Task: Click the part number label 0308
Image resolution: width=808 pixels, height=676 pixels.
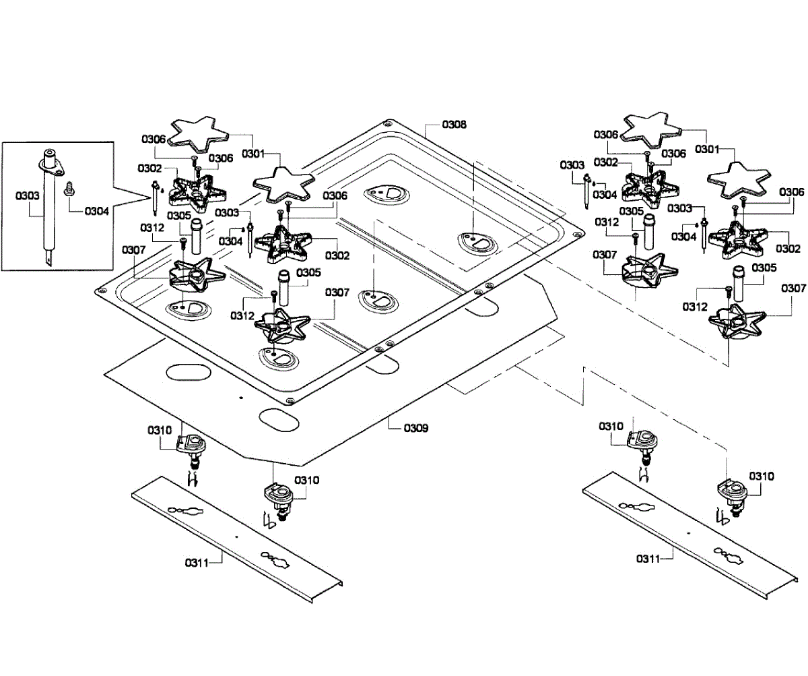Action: pos(454,125)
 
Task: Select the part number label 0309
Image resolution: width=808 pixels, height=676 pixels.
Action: pos(416,428)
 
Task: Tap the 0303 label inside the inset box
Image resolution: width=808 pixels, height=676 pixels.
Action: pos(27,195)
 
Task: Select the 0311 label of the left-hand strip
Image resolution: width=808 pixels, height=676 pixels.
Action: pos(197,561)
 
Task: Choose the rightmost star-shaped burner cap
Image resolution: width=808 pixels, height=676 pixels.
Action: pos(738,177)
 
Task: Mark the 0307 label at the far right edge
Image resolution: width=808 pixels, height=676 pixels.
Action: pos(793,288)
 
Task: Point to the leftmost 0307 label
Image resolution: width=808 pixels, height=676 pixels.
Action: pos(134,250)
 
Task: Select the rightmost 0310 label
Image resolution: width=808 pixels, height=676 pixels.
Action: pos(762,476)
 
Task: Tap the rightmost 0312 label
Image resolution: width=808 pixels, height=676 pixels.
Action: pos(694,307)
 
